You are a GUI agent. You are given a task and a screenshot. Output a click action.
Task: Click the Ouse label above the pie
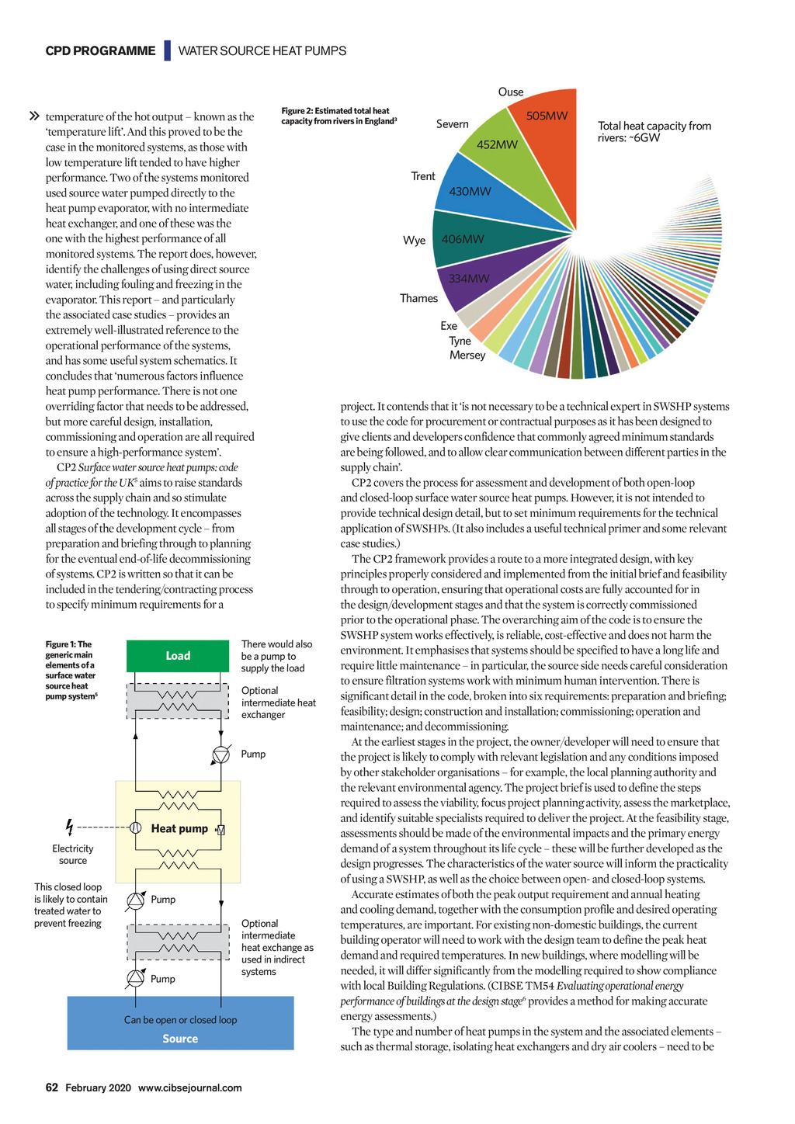click(x=511, y=92)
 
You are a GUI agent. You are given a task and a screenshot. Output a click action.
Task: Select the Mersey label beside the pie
click(x=467, y=356)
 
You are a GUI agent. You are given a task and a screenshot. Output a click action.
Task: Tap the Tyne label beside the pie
click(x=460, y=341)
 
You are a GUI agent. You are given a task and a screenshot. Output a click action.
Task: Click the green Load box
click(x=178, y=656)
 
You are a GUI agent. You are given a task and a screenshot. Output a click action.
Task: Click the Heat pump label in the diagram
click(x=179, y=829)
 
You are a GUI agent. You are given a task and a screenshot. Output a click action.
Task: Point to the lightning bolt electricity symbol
click(x=70, y=827)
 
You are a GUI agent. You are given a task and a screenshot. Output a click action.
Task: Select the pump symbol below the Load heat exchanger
click(x=221, y=755)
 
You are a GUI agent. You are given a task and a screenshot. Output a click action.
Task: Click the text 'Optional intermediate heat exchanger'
click(x=278, y=702)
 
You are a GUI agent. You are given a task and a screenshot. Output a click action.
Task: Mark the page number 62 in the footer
click(x=51, y=1088)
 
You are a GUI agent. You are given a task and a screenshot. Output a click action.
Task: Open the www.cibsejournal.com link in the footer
click(x=189, y=1088)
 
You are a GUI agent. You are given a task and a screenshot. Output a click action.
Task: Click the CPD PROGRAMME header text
click(x=100, y=51)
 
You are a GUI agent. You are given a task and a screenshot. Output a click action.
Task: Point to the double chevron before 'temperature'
click(x=34, y=116)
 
